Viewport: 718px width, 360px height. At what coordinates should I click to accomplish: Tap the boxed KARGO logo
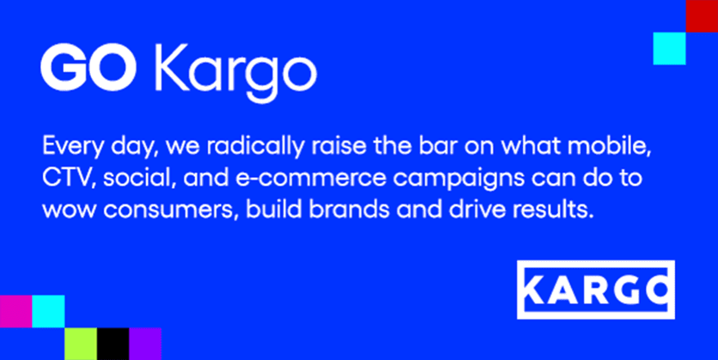[596, 290]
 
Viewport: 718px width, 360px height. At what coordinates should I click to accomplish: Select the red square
[702, 16]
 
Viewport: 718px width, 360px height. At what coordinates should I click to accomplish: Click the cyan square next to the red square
[669, 49]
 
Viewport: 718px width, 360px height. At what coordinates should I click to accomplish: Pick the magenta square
[16, 311]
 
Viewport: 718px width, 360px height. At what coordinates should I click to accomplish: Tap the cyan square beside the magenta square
[49, 311]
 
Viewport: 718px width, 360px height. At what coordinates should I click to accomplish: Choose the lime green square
[81, 344]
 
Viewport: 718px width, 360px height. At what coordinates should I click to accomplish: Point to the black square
[113, 344]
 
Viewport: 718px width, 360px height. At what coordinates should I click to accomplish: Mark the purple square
[145, 344]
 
